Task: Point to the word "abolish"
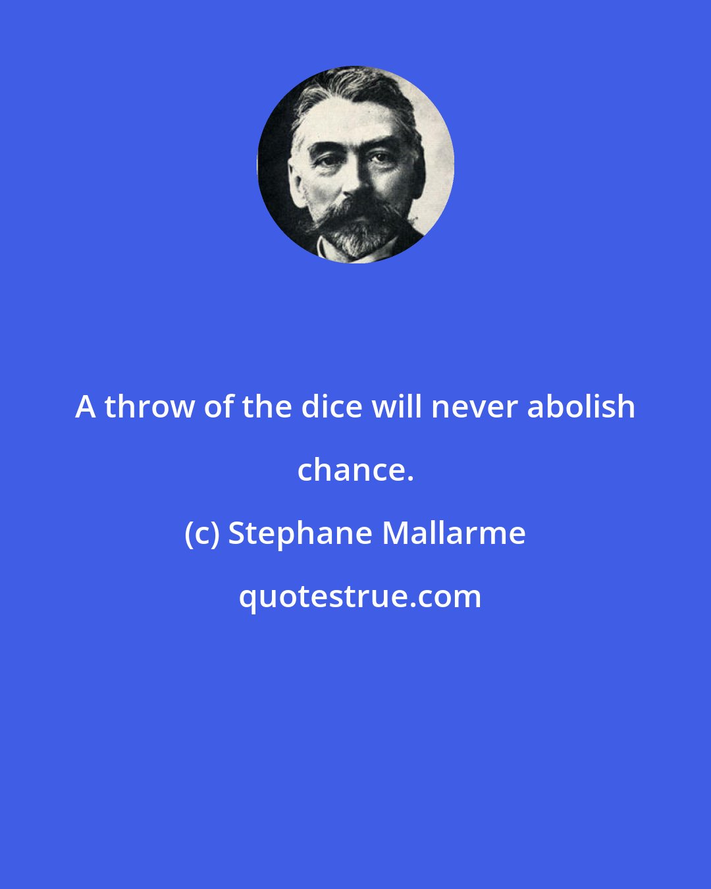581,407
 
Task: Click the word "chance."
355,470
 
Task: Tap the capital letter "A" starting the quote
85,407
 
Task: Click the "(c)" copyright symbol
201,533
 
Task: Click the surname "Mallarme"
454,533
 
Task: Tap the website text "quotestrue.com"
359,597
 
